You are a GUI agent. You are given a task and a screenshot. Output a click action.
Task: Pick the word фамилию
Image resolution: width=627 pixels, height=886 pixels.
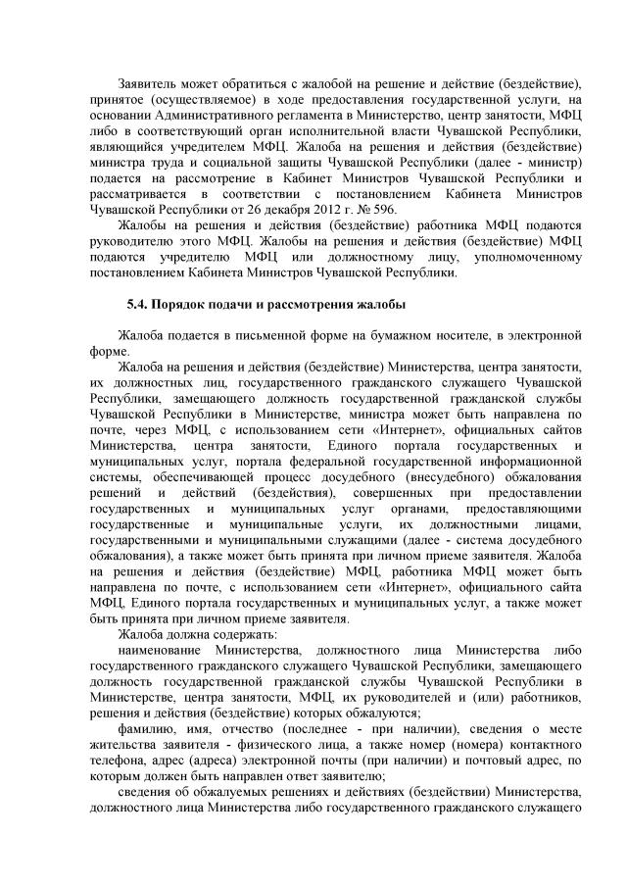point(145,740)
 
